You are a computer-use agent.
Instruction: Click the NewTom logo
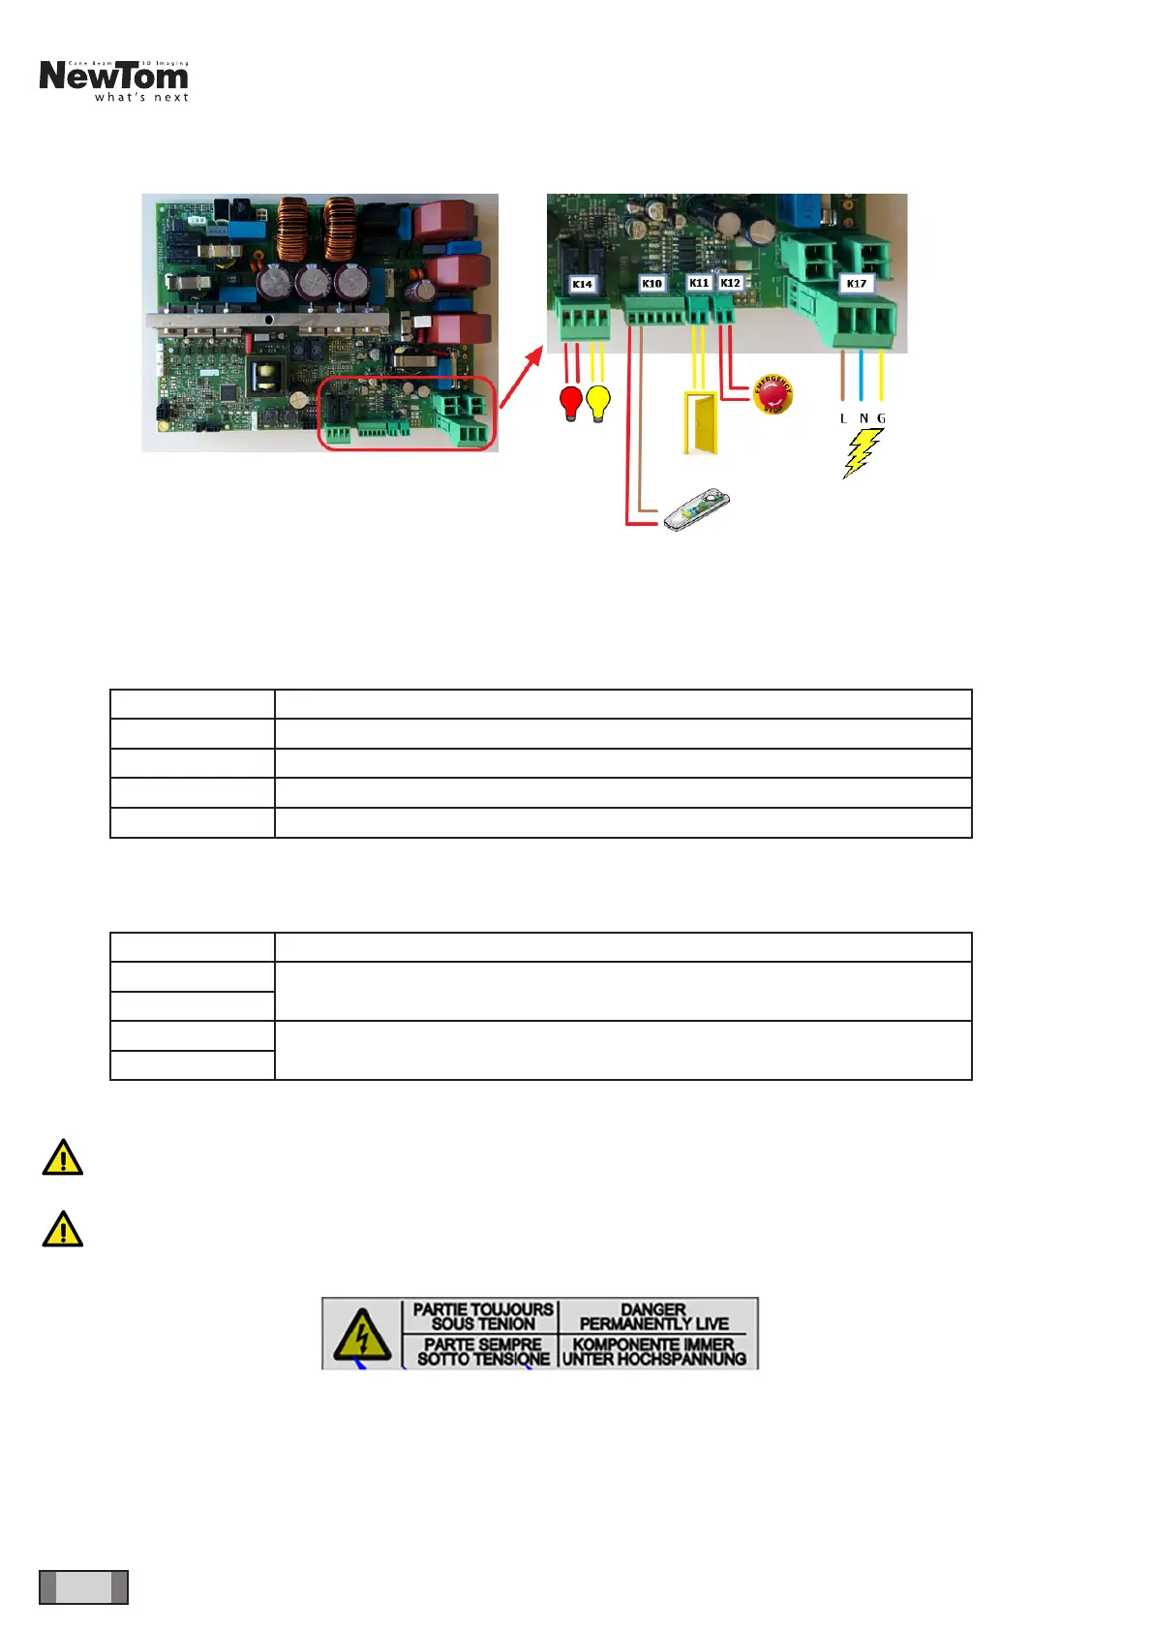114,80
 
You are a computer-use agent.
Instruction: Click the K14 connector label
582,284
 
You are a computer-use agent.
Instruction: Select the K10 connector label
652,284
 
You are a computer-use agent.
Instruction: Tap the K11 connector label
699,283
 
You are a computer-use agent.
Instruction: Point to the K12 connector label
730,283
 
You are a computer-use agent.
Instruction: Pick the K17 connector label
856,284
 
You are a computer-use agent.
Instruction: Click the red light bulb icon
571,402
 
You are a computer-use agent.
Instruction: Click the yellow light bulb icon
599,402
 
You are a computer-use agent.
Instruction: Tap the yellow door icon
700,422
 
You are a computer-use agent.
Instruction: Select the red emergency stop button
773,394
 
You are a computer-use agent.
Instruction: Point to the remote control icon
696,509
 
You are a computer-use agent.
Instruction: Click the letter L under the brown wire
843,418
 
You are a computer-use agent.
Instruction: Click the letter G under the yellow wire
881,418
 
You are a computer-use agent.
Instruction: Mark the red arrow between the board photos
521,375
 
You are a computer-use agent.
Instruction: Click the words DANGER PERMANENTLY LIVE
653,1316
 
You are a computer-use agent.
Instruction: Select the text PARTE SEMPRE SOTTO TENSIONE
483,1351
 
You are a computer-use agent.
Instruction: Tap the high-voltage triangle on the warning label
362,1335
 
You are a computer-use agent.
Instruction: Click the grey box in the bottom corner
83,1586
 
